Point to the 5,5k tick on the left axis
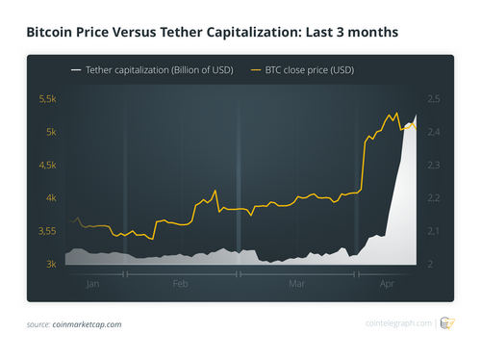[x=46, y=99]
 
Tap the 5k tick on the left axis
[x=49, y=132]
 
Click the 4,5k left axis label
[x=46, y=165]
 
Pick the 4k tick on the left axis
[x=49, y=198]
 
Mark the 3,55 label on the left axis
[x=46, y=231]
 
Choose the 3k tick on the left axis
[x=49, y=264]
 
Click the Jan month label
[x=93, y=285]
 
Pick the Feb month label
[x=180, y=285]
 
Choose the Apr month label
[x=388, y=285]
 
